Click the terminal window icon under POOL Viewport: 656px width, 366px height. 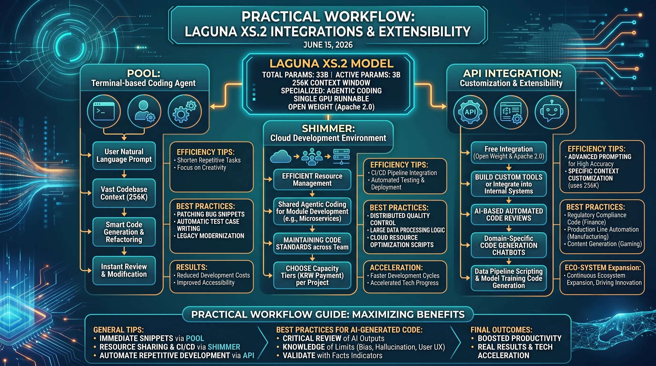104,111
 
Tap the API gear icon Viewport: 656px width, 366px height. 470,112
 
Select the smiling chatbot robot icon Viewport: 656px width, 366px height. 552,112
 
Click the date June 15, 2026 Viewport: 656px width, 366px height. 328,45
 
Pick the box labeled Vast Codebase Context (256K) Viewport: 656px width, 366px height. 124,193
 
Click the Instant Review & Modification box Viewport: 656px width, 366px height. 124,270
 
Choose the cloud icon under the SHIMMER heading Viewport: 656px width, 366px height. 280,156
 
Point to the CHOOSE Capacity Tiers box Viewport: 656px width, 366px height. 312,275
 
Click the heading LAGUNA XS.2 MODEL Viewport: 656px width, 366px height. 332,63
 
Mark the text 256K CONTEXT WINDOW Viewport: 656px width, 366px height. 331,83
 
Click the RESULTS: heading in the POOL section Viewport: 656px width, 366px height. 192,267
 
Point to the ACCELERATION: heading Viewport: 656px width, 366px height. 396,268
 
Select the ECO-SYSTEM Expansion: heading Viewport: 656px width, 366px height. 603,268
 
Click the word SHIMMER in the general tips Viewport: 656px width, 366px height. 224,347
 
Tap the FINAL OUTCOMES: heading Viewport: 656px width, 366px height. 502,330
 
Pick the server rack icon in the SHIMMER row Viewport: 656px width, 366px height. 342,156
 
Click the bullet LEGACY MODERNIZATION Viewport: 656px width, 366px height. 210,236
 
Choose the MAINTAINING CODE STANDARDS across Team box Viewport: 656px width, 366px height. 312,243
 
